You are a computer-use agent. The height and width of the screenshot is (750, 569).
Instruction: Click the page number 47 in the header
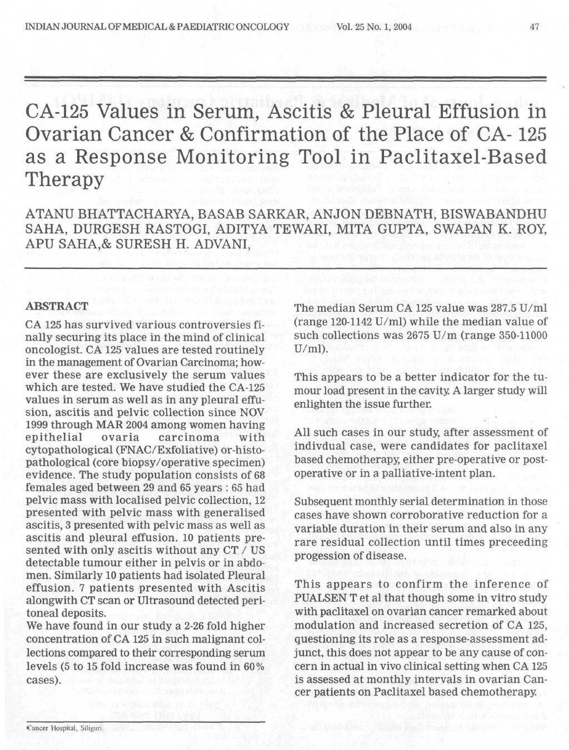(535, 26)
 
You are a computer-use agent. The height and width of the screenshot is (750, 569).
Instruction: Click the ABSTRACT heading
(58, 307)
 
